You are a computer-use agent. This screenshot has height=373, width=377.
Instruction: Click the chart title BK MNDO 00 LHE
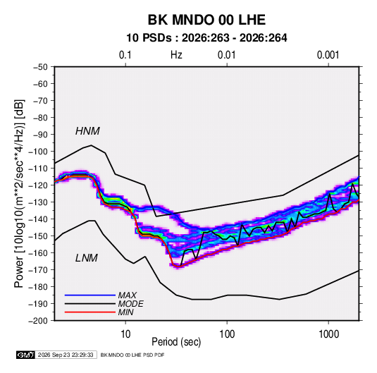pos(206,20)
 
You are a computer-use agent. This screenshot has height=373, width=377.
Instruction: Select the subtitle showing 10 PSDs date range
pos(206,38)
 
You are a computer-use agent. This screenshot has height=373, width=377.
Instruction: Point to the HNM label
pos(87,131)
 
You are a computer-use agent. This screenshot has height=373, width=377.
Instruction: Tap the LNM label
pos(87,258)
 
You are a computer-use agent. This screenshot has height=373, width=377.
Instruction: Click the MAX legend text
pos(127,295)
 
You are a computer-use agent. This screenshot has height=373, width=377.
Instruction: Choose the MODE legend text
pos(131,304)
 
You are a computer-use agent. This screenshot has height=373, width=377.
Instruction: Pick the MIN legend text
pos(125,312)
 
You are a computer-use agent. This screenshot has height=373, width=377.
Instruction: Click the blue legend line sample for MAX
pos(90,295)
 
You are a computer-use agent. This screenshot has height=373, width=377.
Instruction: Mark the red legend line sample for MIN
pos(90,312)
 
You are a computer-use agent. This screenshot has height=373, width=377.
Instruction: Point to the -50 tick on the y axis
pos(40,67)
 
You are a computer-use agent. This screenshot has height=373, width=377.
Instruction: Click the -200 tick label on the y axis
pos(38,321)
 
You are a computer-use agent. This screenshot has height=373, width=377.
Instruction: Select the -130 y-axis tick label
pos(38,202)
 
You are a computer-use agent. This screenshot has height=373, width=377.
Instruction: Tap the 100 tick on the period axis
pos(227,334)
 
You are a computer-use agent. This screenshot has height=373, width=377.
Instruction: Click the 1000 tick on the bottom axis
pos(328,334)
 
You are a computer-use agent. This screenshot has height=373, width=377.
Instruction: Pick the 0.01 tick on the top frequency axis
pos(226,55)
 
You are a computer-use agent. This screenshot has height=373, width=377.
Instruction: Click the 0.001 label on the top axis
pos(328,55)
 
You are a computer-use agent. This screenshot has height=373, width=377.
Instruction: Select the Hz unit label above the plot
pos(176,55)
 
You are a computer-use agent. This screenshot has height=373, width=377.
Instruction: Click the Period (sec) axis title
pos(176,342)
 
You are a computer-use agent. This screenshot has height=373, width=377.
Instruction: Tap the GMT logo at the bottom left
pos(26,355)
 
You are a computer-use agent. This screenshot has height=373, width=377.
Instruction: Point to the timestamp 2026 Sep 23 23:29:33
pos(66,355)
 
